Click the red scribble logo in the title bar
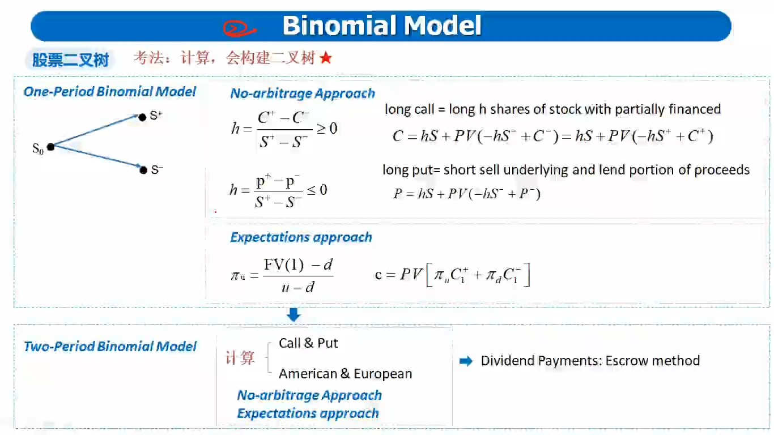point(239,28)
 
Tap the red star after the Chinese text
point(326,57)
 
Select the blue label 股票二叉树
point(70,60)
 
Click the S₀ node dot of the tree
point(51,147)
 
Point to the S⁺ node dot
point(142,117)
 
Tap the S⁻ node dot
point(143,170)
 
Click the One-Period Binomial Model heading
point(109,92)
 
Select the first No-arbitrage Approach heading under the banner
point(303,93)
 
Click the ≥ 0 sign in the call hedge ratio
point(327,129)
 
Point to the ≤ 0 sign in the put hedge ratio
point(317,190)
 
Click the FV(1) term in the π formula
point(284,265)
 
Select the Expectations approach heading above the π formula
point(301,237)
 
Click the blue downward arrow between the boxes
point(294,314)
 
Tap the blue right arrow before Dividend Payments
point(466,361)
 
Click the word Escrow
point(627,361)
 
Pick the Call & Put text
point(308,343)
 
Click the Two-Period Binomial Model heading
point(110,347)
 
